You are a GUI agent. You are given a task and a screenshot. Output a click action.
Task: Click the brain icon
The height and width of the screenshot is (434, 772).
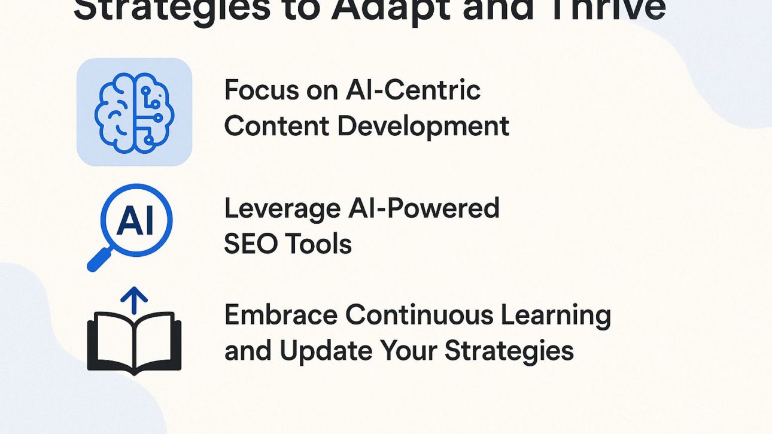click(134, 112)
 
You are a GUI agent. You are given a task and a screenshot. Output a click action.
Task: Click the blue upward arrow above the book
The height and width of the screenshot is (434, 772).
click(134, 299)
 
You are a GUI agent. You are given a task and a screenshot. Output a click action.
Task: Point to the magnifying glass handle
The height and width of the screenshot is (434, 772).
click(96, 262)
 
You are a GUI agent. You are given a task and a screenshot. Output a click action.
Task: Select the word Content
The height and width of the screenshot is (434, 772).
click(276, 126)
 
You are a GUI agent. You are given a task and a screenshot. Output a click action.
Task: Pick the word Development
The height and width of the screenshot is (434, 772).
click(423, 126)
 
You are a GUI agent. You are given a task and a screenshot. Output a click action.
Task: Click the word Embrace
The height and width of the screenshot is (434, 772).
click(281, 315)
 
